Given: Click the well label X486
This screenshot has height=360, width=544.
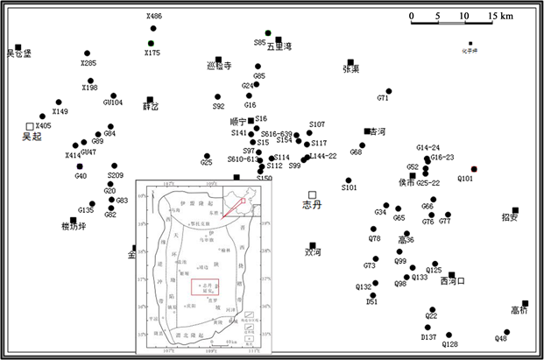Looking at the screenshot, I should point(153,17).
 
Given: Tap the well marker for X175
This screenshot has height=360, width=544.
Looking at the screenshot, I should point(152,43).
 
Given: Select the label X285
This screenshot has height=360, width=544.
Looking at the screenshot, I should point(88,63).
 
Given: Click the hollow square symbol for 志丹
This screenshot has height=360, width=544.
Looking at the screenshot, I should point(312,194).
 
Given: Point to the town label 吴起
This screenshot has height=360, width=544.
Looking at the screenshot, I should point(32,137).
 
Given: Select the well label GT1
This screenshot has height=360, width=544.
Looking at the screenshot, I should point(383,98).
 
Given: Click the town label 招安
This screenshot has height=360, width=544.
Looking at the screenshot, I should point(511,217).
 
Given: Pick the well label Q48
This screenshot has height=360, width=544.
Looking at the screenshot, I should point(501,337).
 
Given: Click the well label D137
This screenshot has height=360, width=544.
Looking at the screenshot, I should point(428,337).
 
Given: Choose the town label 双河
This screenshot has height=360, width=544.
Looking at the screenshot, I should point(313,251).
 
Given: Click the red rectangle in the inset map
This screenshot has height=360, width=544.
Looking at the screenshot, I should point(205,286).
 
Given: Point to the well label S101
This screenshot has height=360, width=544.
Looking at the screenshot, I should point(350,187).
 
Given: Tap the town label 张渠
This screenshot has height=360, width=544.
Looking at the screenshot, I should point(350,68).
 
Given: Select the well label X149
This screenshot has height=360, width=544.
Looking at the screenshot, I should point(60,112).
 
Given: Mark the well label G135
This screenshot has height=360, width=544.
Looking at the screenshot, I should point(85,210).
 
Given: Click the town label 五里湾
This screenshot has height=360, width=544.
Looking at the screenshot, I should point(279,47).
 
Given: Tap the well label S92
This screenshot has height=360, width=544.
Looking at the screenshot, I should point(218,106).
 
